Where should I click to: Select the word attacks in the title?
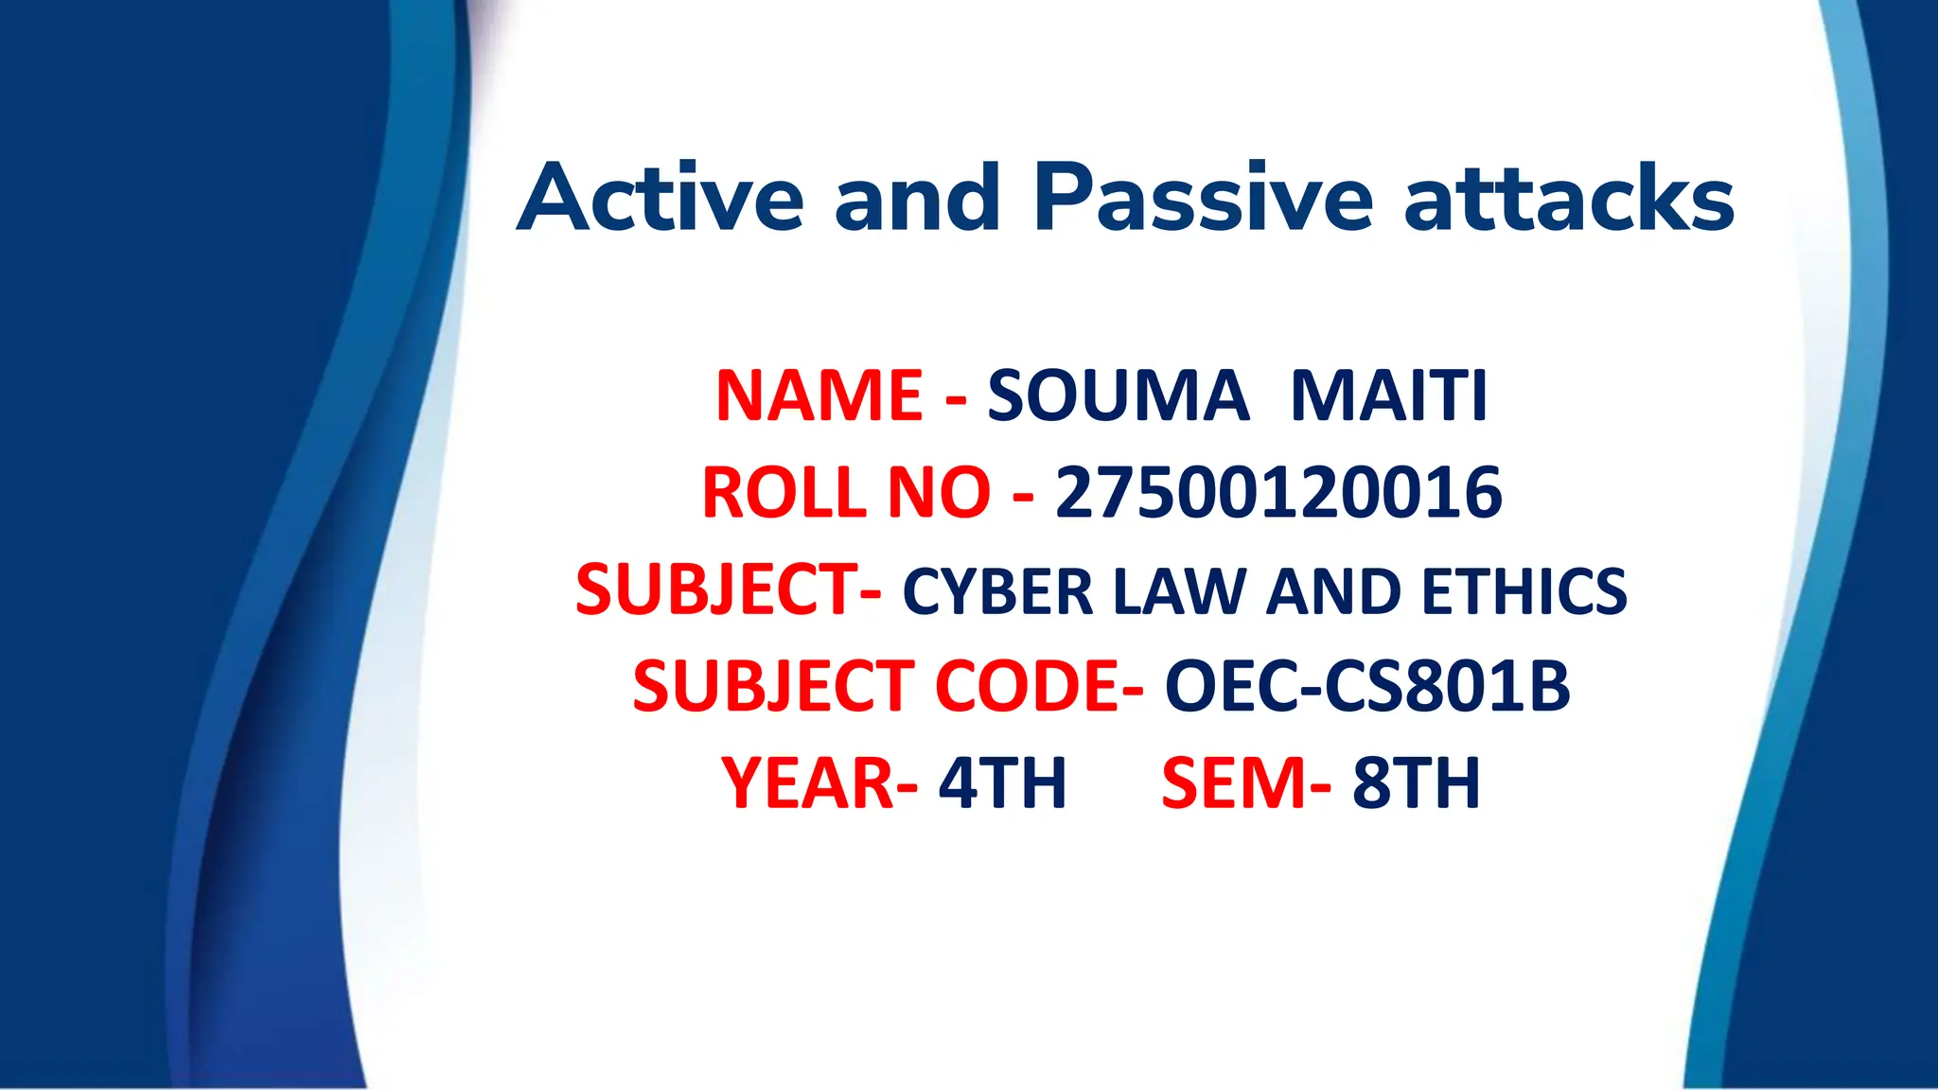1569,199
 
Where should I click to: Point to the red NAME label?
819,396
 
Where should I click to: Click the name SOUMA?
1118,396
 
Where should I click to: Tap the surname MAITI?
1389,396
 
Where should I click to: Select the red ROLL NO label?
845,493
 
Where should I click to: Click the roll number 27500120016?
1278,493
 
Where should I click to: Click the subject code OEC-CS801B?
1367,686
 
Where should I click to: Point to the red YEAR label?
808,783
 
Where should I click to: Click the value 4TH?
1002,783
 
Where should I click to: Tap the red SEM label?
1236,783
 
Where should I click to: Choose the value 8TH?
1416,783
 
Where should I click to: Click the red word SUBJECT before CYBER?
717,590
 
